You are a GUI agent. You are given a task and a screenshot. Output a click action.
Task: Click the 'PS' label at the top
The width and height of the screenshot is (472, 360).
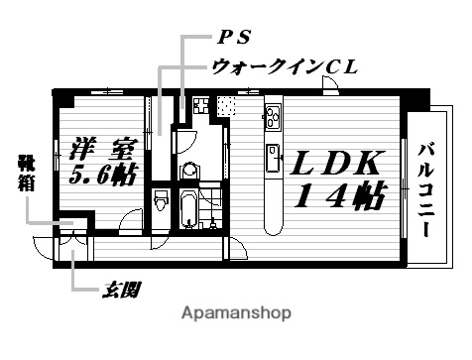234,40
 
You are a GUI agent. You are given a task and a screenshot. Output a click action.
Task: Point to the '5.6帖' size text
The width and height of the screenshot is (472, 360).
101,176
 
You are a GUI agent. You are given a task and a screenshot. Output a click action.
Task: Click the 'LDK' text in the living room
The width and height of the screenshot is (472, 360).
334,163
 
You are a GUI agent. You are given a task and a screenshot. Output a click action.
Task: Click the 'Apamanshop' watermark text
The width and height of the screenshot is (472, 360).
235,312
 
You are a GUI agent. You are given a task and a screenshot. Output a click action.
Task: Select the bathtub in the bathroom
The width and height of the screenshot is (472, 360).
188,210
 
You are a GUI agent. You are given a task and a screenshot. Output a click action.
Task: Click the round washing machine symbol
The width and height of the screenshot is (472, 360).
190,171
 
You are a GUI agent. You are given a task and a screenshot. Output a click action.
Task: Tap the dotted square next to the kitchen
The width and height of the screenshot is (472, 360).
228,105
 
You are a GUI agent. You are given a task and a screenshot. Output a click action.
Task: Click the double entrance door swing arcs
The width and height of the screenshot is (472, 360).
62,248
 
